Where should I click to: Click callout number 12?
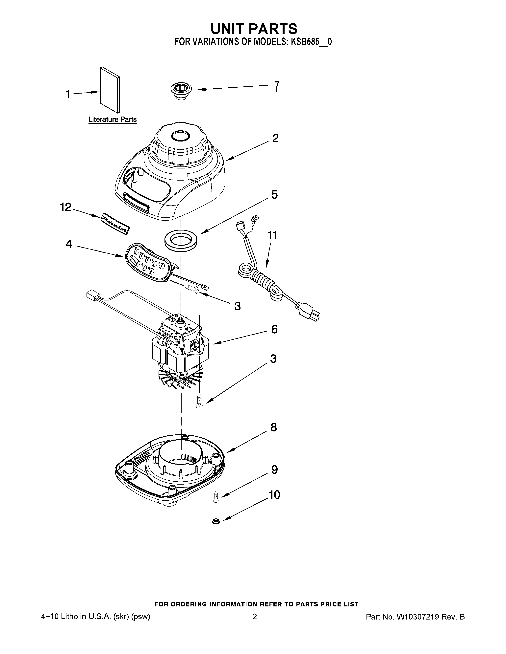point(66,207)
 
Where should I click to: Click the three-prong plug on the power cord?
point(309,311)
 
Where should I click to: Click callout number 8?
point(273,427)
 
